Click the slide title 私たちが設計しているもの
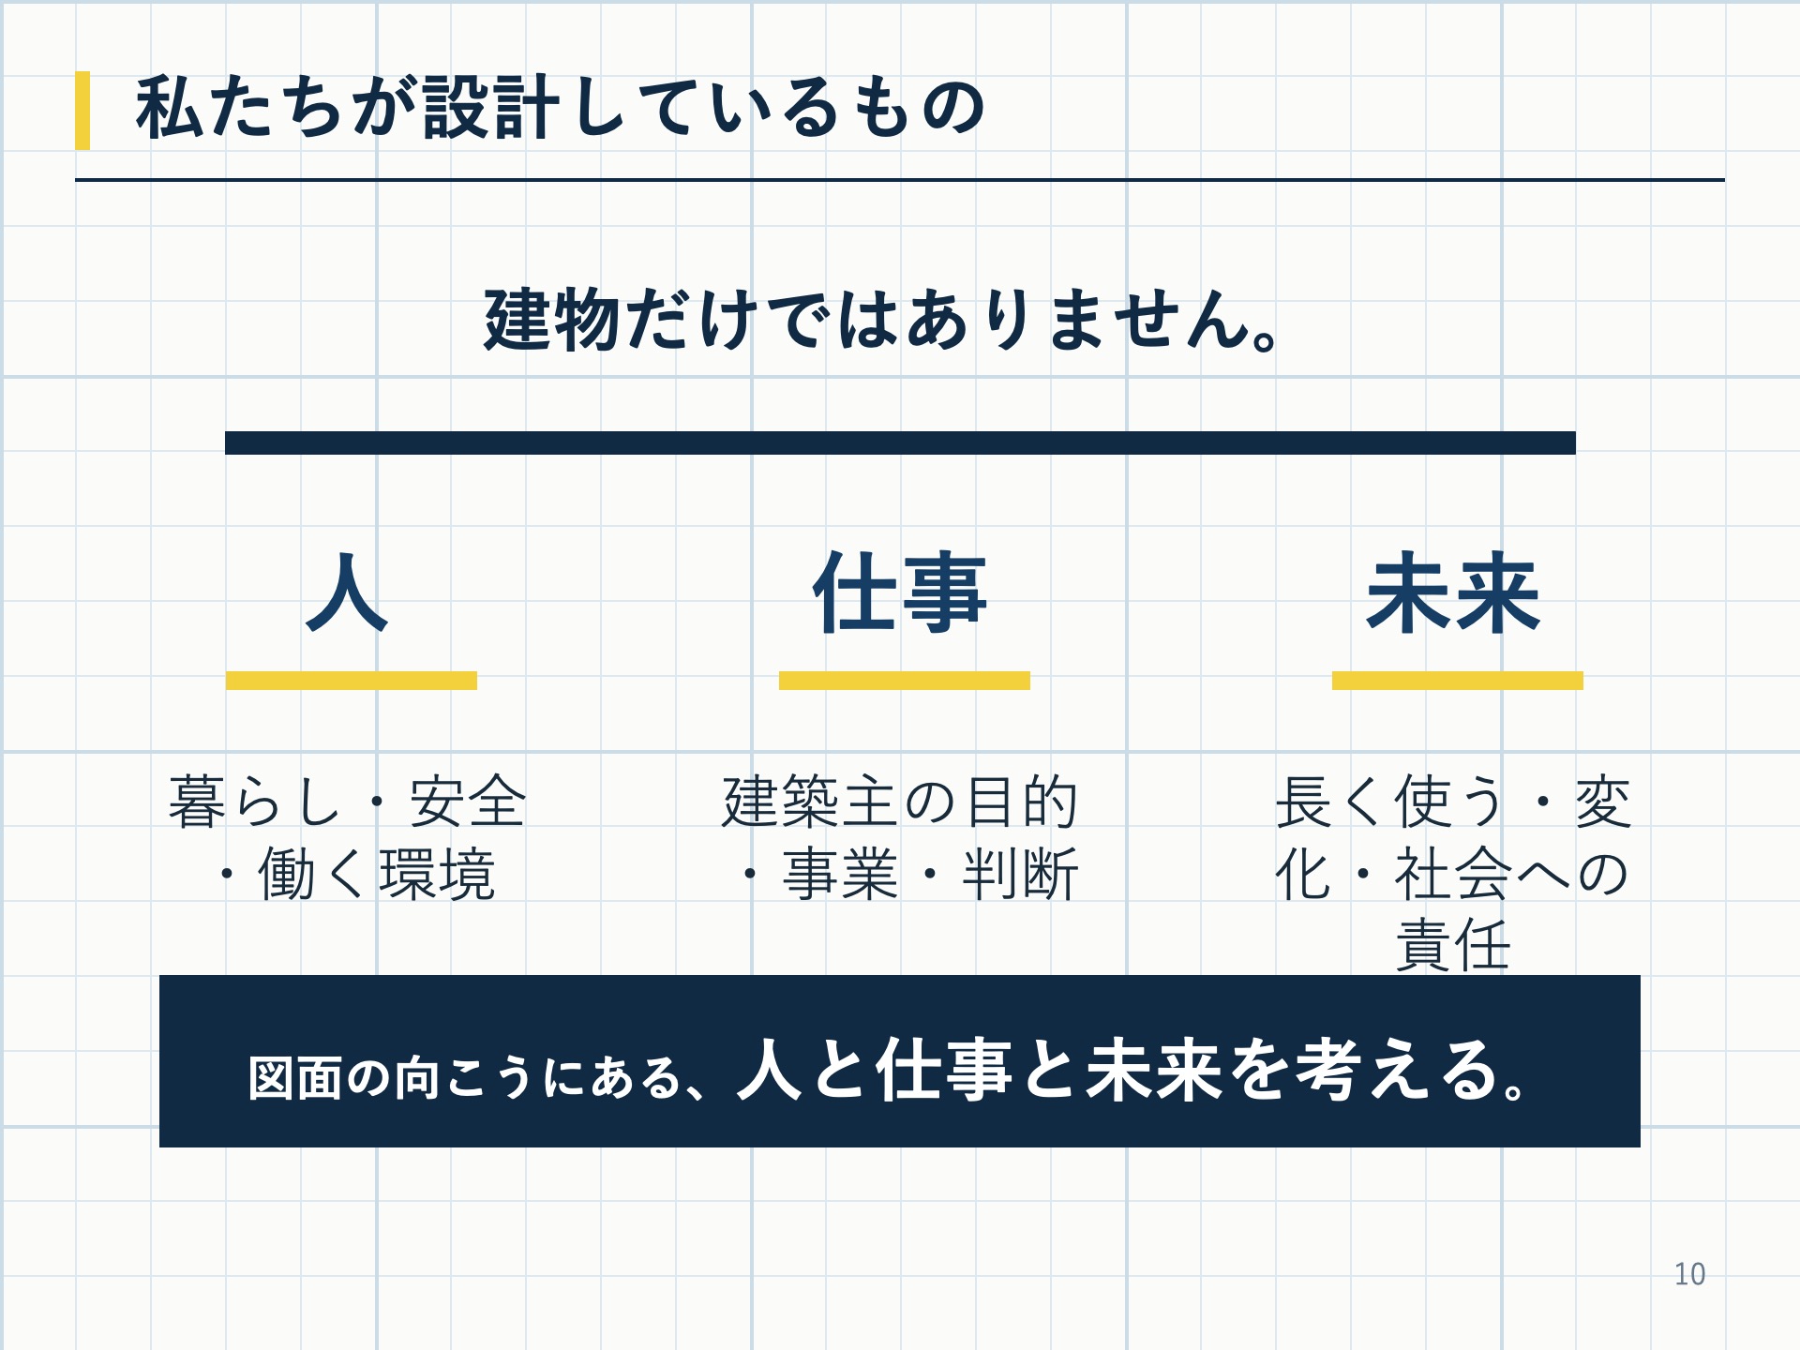560,108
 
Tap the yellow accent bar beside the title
82,111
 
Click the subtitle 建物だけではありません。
881,320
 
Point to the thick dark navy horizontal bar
900,442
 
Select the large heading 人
347,592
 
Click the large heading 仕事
900,592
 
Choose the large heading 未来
1453,592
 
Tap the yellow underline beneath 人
352,681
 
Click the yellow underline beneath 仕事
905,681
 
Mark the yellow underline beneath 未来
1458,681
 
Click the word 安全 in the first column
467,802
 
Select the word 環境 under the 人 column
437,875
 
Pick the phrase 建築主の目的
900,802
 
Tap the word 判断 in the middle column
1020,875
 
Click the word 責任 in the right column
1453,945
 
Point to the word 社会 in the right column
1453,875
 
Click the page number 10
1689,1275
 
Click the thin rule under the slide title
900,179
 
